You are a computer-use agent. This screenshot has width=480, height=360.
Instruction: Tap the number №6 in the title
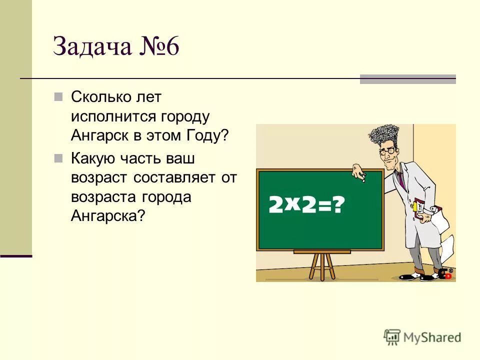coord(156,47)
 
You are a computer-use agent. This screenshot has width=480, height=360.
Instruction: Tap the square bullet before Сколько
coord(58,96)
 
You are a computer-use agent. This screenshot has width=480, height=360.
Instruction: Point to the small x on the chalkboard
coord(292,200)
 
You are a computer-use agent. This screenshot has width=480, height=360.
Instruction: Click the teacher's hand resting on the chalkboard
coord(359,172)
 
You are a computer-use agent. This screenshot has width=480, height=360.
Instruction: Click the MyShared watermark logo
coord(422,337)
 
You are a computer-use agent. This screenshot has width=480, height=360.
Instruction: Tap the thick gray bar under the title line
coord(407,79)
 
